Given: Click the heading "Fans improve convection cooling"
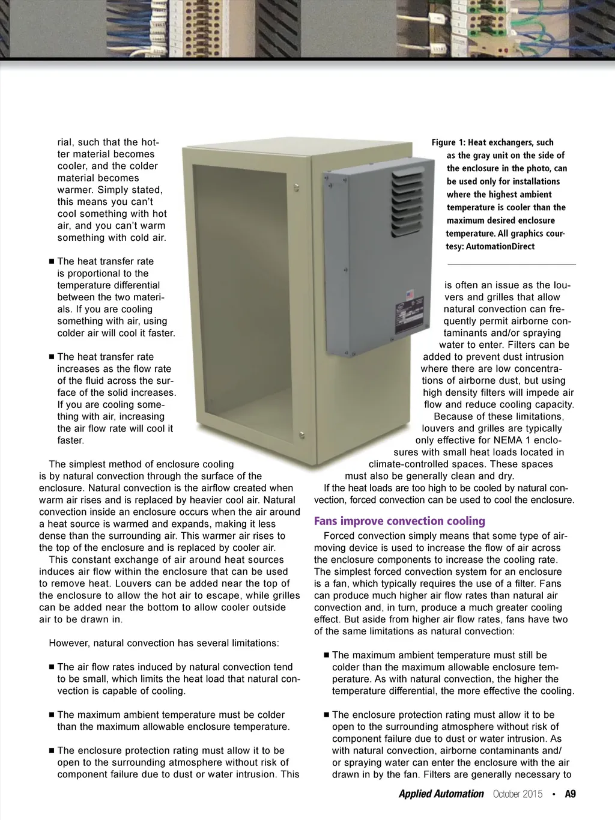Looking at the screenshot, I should click(399, 521).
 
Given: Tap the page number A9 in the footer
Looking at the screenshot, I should click(570, 794).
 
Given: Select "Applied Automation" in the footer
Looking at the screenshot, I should click(441, 794).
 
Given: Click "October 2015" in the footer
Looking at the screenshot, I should click(517, 794).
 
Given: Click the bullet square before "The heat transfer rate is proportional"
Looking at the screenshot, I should click(52, 262).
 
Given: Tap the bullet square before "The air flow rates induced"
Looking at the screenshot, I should click(52, 667).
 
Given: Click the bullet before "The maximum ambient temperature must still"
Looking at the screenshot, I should click(327, 655).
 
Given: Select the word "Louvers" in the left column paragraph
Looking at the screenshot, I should click(134, 584).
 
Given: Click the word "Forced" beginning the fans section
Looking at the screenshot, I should click(339, 536).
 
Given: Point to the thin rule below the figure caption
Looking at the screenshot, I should click(511, 264).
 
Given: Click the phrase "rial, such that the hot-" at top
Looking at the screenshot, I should click(108, 142).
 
